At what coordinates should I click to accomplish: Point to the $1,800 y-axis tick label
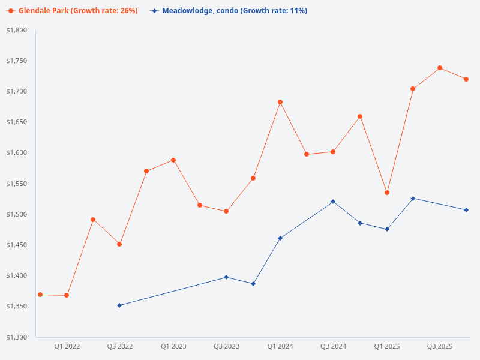17,30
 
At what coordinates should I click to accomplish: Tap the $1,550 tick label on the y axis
17,184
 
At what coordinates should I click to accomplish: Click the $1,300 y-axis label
17,337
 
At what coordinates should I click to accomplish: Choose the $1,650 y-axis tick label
17,122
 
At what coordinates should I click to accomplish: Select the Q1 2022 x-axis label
67,346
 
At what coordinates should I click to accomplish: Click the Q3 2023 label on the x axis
226,346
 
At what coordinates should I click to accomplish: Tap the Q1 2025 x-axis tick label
387,346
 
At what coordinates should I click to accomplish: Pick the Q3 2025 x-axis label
440,346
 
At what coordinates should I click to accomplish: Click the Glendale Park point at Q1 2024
280,102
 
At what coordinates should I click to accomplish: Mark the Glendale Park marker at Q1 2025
387,193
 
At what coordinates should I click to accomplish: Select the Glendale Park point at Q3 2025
440,68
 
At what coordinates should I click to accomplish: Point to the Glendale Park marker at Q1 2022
67,295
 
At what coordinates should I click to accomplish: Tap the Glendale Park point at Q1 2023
173,160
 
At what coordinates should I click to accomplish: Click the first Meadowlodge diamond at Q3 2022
119,305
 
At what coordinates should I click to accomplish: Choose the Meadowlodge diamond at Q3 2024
333,202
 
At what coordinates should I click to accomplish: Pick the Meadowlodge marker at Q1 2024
280,238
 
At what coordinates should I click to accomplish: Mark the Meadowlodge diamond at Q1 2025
387,229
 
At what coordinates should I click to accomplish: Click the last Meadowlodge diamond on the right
466,210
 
